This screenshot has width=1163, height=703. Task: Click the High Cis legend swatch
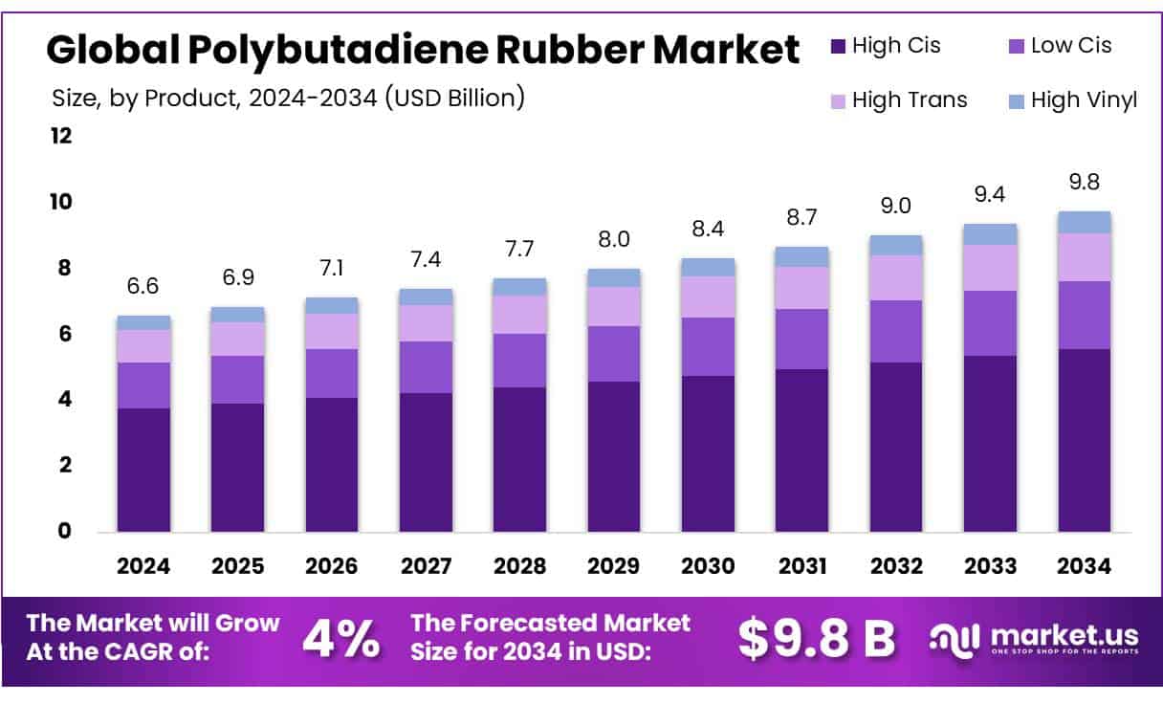point(838,45)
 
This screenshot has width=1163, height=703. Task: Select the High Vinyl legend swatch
point(1016,99)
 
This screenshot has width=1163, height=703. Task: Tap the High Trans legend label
point(910,99)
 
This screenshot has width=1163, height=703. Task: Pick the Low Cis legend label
point(1071,45)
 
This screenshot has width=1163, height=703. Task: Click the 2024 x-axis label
point(143,566)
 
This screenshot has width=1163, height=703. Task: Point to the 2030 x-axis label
point(708,566)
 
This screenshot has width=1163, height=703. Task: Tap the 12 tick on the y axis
point(60,136)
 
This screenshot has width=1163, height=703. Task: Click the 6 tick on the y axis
point(65,334)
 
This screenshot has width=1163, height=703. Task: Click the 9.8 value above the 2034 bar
point(1085,182)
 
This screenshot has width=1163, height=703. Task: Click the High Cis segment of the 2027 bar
point(426,462)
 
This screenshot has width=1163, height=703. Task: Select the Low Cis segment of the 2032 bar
point(896,331)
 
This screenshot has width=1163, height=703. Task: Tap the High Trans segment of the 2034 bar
point(1085,257)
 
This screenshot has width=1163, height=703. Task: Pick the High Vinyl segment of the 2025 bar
point(237,315)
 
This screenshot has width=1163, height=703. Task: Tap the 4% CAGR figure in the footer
point(340,640)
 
